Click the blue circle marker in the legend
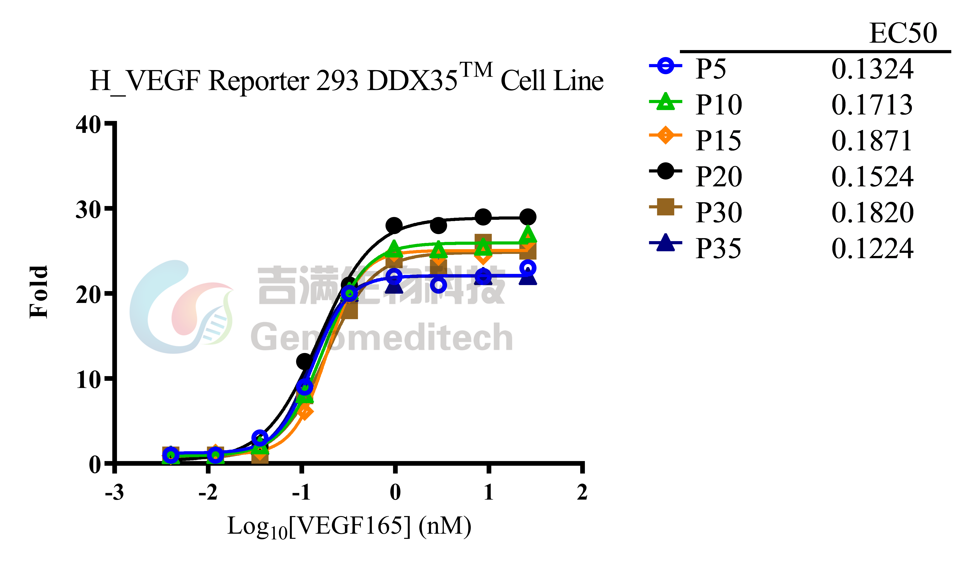coord(665,66)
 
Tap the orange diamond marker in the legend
coord(665,135)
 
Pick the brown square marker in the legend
coord(665,207)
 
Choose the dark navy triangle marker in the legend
coord(665,243)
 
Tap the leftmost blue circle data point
coord(171,455)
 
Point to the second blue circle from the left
coord(215,455)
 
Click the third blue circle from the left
coord(260,438)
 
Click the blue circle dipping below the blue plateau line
coord(438,285)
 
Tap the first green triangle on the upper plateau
coord(394,249)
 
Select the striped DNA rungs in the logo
coord(215,326)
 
